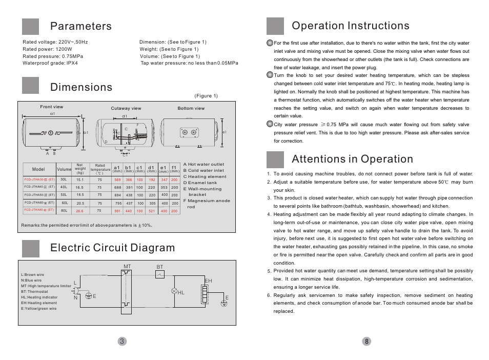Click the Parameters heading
pos(80,26)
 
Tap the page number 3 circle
pos(121,342)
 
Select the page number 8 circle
pos(366,342)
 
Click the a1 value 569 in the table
pos(117,179)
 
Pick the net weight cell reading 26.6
pos(79,211)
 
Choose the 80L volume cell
pos(64,211)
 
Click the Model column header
pos(39,169)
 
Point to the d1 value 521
pos(152,211)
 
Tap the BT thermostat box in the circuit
pos(160,275)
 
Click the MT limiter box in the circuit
pos(127,291)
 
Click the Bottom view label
pos(191,108)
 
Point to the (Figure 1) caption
pos(206,96)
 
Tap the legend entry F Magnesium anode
pos(207,201)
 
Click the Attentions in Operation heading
pos(352,159)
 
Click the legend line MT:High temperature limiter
pos(46,286)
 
